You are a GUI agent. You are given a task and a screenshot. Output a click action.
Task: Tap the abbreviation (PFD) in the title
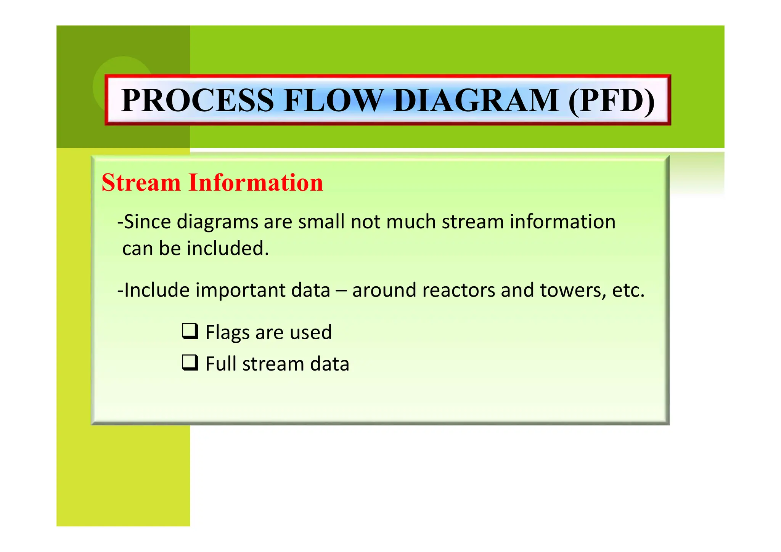[x=611, y=100]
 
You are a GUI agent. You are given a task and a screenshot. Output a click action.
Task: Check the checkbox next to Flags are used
[x=190, y=331]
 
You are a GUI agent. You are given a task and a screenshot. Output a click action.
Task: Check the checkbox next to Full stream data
[x=190, y=363]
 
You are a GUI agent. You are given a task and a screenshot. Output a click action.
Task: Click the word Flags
[x=227, y=332]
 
